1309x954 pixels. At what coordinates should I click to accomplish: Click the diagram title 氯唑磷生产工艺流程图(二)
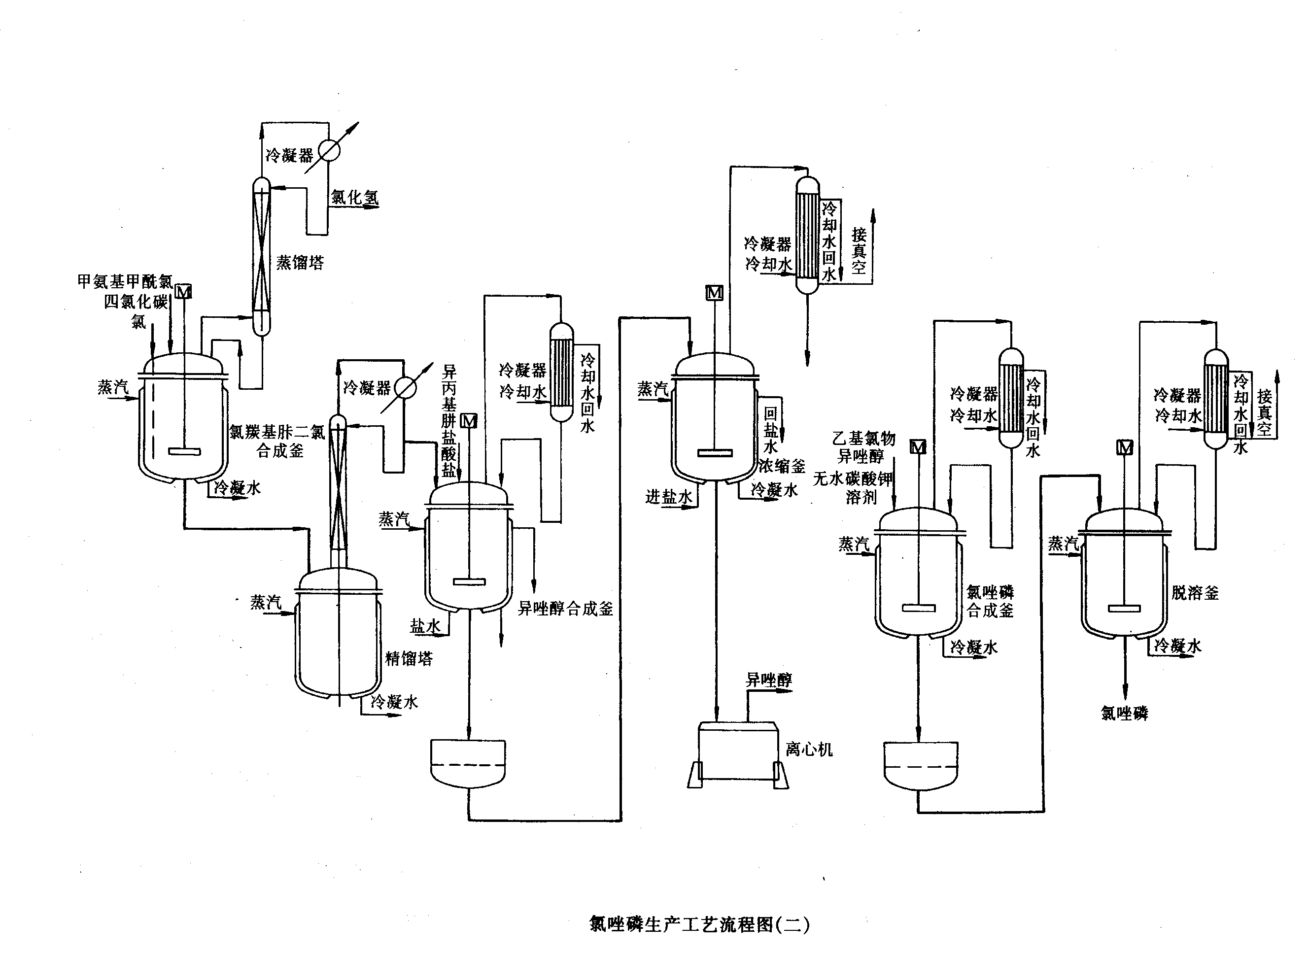point(699,924)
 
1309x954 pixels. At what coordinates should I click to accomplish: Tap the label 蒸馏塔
point(300,263)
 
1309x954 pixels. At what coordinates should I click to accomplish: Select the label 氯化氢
point(354,198)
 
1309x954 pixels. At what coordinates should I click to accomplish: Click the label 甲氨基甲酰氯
point(125,281)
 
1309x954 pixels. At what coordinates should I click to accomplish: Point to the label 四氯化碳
point(136,302)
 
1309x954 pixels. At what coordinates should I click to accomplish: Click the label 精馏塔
point(409,658)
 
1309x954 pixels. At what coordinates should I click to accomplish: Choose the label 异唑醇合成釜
point(565,608)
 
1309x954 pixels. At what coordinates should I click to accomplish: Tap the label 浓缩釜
point(782,466)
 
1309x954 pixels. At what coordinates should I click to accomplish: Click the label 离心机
point(809,750)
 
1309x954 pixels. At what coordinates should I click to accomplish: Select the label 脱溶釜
point(1195,592)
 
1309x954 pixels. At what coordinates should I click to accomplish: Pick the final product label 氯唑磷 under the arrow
point(1125,713)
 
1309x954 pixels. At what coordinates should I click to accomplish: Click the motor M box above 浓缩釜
point(714,293)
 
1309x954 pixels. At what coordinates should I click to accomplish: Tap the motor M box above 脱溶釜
point(1125,447)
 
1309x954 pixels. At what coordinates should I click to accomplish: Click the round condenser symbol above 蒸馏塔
point(329,151)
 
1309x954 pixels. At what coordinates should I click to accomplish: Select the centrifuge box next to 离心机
point(737,750)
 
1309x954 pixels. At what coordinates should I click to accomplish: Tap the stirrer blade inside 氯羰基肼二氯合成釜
point(184,451)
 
